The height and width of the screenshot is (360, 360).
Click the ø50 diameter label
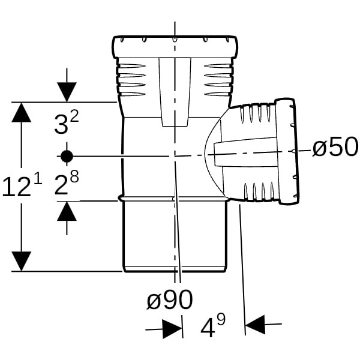[335, 147]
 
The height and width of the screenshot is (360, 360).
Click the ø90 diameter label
[170, 299]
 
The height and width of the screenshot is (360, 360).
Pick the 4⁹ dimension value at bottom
[213, 328]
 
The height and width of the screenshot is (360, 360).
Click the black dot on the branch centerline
[66, 156]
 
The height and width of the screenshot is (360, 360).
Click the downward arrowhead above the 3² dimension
[67, 92]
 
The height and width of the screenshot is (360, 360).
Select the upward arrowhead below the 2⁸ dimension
[67, 212]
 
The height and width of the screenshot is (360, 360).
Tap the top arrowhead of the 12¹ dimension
[22, 112]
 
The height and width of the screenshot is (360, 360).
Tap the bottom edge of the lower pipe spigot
[175, 271]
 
